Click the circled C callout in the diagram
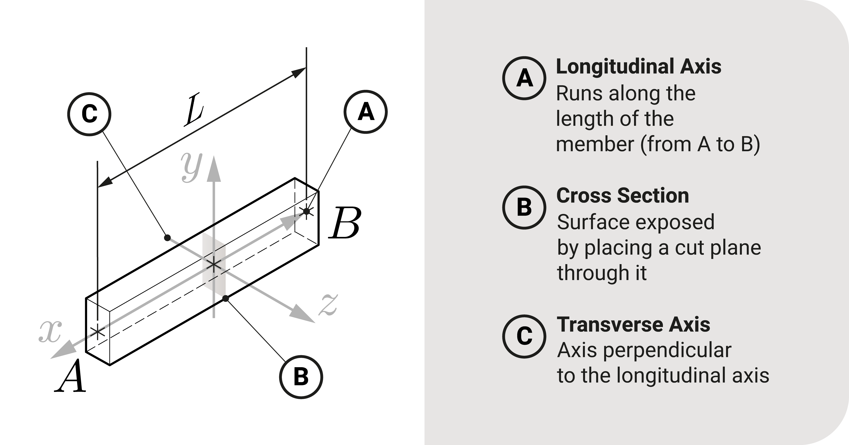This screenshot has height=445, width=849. pyautogui.click(x=89, y=114)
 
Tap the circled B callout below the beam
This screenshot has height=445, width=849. pyautogui.click(x=301, y=377)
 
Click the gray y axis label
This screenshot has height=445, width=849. pyautogui.click(x=191, y=167)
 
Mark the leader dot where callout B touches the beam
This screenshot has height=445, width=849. pyautogui.click(x=225, y=299)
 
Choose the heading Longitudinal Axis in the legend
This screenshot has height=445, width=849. pyautogui.click(x=638, y=67)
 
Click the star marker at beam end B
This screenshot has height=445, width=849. pyautogui.click(x=306, y=211)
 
